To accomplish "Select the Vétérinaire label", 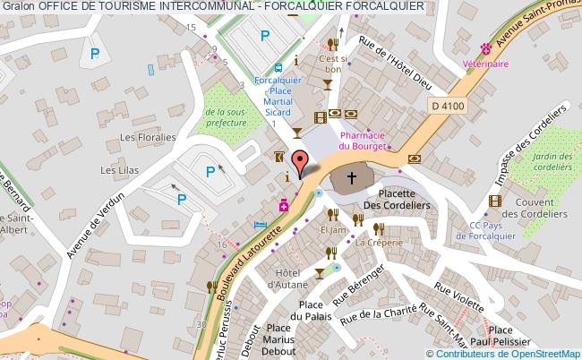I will pos(486,64).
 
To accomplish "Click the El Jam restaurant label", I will pos(332,230).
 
